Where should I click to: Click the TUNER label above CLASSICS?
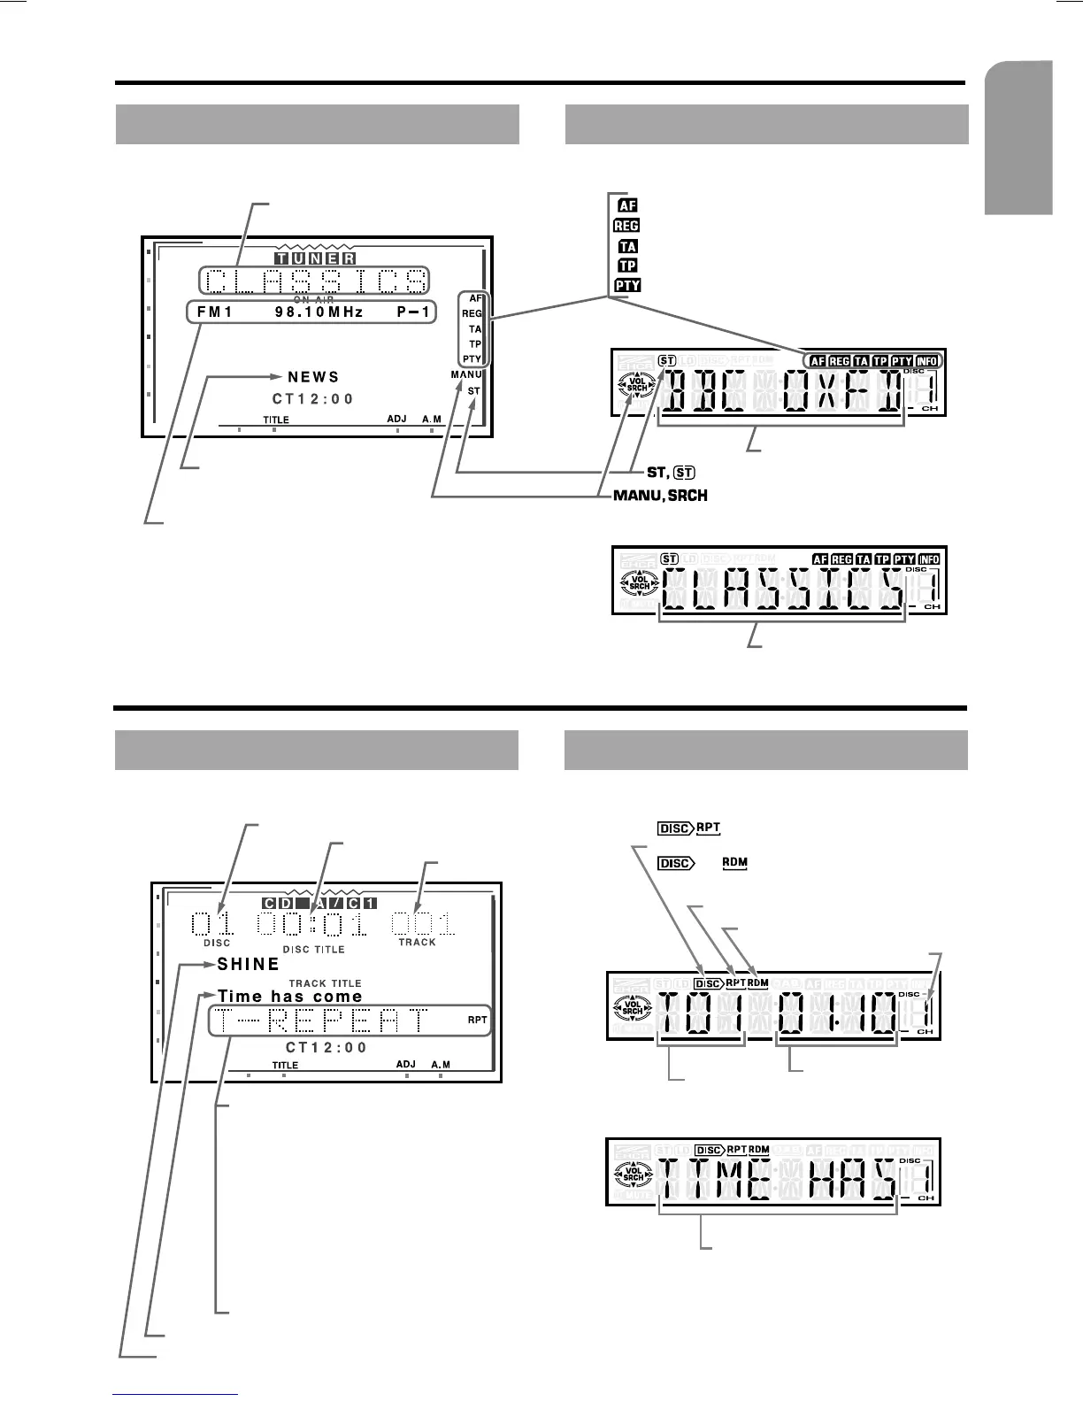(314, 258)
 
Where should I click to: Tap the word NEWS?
(313, 378)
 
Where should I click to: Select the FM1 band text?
(215, 312)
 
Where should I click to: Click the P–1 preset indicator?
(412, 312)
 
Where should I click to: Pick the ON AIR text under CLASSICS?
(313, 299)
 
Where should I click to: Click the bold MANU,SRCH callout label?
(660, 495)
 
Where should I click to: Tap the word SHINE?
(249, 964)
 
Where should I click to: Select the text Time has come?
(290, 997)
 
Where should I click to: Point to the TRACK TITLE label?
(325, 983)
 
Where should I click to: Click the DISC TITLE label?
(313, 949)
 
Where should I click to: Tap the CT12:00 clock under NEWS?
(313, 399)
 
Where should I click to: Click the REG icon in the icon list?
(626, 226)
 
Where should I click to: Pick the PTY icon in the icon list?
(626, 285)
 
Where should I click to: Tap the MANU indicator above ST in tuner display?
(465, 375)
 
